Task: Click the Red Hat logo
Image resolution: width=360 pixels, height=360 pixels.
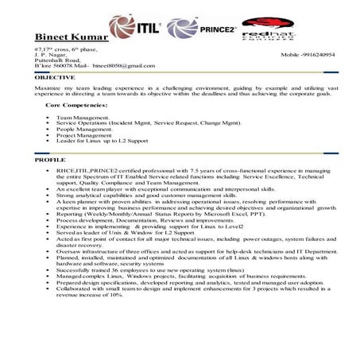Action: [267, 29]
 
